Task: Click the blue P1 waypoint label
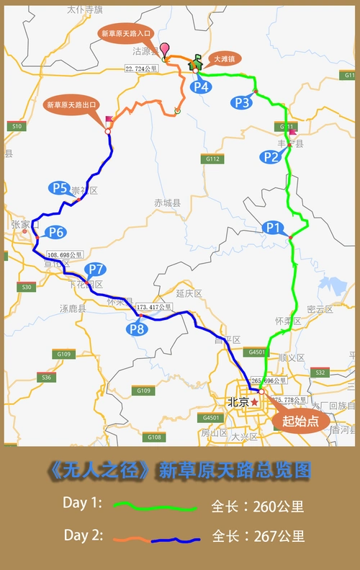[x=271, y=226]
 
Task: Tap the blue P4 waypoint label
[x=201, y=87]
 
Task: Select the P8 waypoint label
[x=138, y=329]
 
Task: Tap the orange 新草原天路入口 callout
[x=126, y=34]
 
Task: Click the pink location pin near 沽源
[x=165, y=50]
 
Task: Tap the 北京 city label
[x=237, y=401]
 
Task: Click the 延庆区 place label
[x=189, y=293]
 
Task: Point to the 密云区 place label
[x=320, y=309]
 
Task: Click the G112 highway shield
[x=212, y=159]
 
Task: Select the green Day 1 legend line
[x=155, y=507]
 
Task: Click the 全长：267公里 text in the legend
[x=258, y=536]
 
